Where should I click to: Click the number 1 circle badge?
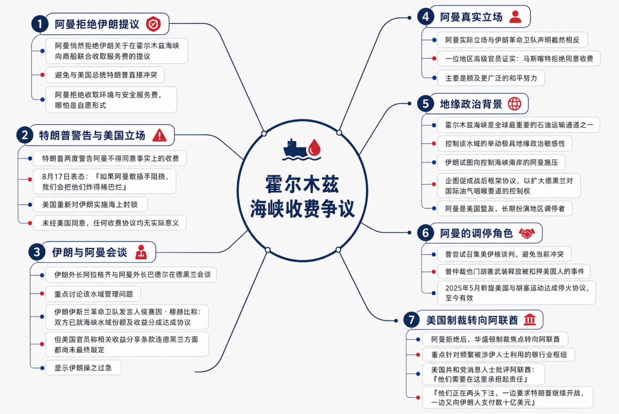[39, 24]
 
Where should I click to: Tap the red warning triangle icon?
[159, 135]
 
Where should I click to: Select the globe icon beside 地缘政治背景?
[514, 104]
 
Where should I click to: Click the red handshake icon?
[526, 234]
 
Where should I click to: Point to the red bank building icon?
[530, 319]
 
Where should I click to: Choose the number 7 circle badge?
[411, 319]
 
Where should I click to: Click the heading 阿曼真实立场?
[471, 17]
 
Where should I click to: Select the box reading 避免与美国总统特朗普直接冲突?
[105, 75]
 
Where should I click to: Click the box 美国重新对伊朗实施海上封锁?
[90, 204]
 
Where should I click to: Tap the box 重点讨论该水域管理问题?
[93, 294]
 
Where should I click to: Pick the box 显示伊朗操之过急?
[83, 368]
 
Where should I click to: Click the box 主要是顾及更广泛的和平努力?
[491, 78]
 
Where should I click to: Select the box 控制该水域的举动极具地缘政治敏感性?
[505, 144]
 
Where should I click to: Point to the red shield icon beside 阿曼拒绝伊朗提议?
[153, 24]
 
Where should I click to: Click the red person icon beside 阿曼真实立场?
[515, 17]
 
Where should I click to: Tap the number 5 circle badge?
[425, 104]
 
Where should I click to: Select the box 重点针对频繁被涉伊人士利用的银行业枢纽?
[498, 355]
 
